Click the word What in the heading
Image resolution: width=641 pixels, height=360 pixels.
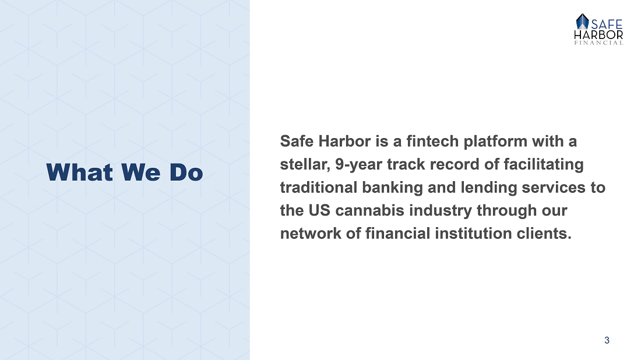pos(79,172)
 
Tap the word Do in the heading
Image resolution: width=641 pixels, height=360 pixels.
pos(186,172)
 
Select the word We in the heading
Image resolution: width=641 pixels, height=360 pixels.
pos(141,172)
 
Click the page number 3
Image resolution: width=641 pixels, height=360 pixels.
pos(607,340)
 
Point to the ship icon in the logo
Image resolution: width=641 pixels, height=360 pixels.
pos(582,22)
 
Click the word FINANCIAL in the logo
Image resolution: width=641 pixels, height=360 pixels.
pos(599,43)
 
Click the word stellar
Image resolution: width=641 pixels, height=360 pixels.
pos(305,165)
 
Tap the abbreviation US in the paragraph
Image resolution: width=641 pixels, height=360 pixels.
pos(319,210)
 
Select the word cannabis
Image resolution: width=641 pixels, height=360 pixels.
pos(370,210)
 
